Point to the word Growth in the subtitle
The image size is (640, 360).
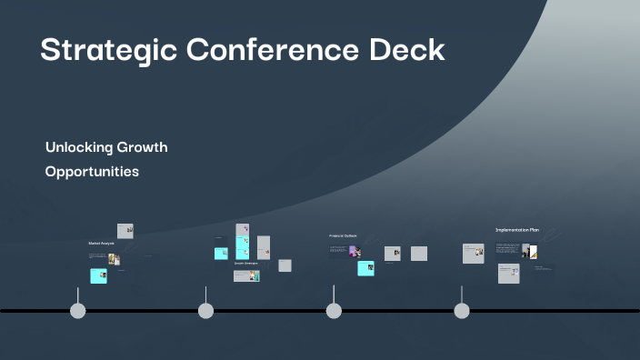[142, 147]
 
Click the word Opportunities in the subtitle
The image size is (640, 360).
[92, 171]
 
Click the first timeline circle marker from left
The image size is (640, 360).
[78, 311]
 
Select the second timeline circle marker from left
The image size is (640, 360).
[206, 311]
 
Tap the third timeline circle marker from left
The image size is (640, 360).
[334, 311]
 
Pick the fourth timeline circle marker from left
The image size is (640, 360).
[462, 311]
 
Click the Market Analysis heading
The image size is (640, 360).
[101, 244]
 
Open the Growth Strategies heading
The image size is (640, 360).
[245, 263]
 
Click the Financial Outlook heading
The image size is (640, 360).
[343, 235]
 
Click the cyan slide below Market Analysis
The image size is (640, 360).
[98, 275]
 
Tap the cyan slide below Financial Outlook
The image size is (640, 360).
[365, 268]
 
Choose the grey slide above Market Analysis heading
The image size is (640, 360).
[125, 231]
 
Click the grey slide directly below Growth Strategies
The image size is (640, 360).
[246, 275]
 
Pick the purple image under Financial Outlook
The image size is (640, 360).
[354, 251]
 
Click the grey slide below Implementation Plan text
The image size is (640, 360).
[508, 273]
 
